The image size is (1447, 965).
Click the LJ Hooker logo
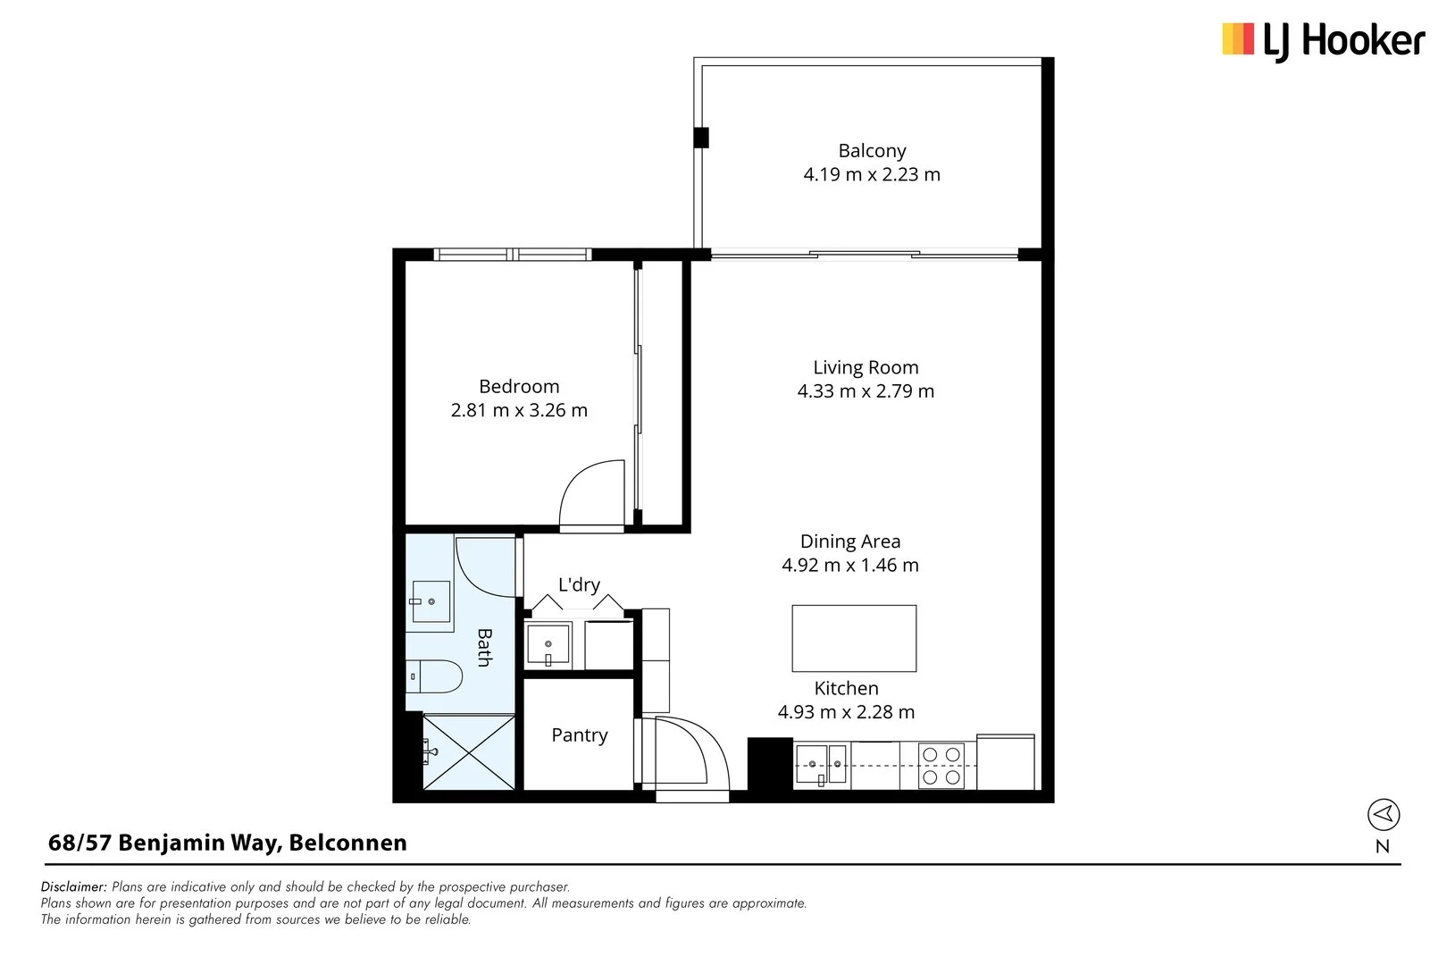pyautogui.click(x=1322, y=41)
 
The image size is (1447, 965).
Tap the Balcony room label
pyautogui.click(x=872, y=151)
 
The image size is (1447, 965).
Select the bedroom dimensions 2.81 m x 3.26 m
pyautogui.click(x=519, y=410)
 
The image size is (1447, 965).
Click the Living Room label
pyautogui.click(x=866, y=367)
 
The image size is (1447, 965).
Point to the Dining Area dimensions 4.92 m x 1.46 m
pyautogui.click(x=850, y=565)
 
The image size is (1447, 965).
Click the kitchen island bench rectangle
pyautogui.click(x=854, y=638)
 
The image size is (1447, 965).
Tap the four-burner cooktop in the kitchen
pyautogui.click(x=942, y=766)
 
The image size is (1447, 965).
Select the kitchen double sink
pyautogui.click(x=822, y=765)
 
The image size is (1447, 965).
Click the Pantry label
pyautogui.click(x=579, y=734)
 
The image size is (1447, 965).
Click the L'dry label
pyautogui.click(x=579, y=584)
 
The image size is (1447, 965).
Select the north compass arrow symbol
pyautogui.click(x=1383, y=814)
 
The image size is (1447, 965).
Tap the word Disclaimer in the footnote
pyautogui.click(x=73, y=887)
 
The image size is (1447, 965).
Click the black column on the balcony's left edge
pyautogui.click(x=702, y=138)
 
